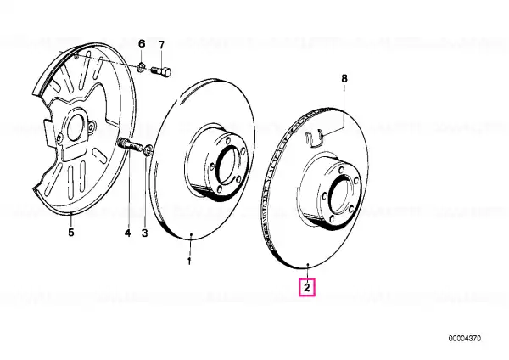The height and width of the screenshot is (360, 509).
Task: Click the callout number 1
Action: coord(189,261)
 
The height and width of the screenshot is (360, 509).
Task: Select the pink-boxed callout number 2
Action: coord(307,288)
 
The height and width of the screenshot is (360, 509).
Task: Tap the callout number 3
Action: coord(144,233)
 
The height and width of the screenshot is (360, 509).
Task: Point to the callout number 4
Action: coord(128,233)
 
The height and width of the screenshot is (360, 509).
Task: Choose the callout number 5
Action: coord(71,233)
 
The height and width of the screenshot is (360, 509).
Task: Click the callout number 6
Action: coord(142,43)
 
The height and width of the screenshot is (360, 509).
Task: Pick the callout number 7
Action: coord(162,45)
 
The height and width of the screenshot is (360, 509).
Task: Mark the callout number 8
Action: coord(344,78)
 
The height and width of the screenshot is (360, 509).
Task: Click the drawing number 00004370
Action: coord(465,339)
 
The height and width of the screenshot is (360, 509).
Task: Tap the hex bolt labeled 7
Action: coord(161,71)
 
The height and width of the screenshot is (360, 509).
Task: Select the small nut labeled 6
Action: coord(141,66)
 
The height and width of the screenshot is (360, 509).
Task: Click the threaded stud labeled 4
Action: coord(130,144)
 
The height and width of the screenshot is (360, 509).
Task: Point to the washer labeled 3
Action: coord(148,150)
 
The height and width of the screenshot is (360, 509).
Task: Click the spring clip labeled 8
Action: coord(314,137)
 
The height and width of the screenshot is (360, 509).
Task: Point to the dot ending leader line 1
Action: coord(191,234)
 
